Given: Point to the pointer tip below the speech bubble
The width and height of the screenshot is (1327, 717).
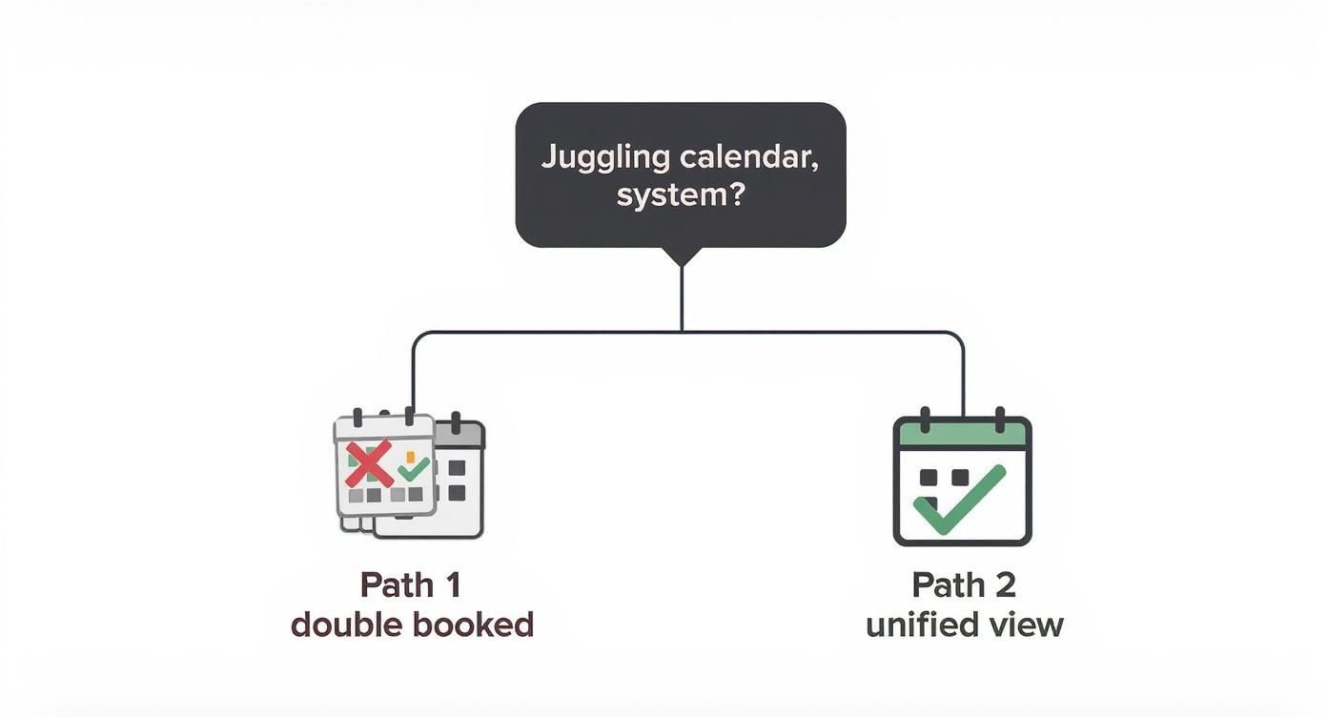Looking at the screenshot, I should tap(681, 262).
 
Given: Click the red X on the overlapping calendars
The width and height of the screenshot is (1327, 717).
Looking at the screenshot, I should tap(370, 464).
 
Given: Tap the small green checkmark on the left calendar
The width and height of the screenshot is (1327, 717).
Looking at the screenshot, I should tap(414, 468).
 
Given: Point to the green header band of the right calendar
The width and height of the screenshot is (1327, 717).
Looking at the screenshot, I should tap(962, 435).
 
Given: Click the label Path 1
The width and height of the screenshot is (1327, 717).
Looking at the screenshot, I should tap(411, 584).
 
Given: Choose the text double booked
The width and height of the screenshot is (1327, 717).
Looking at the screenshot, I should tap(412, 625).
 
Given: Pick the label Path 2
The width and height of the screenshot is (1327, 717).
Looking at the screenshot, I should tap(964, 584).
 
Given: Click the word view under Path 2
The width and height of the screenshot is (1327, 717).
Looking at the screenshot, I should tap(1027, 625).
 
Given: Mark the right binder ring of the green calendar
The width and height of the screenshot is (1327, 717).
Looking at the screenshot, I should tap(1000, 420).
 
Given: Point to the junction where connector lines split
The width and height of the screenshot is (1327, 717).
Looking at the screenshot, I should tap(681, 332).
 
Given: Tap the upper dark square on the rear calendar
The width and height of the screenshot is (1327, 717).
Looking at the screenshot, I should tap(457, 468).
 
